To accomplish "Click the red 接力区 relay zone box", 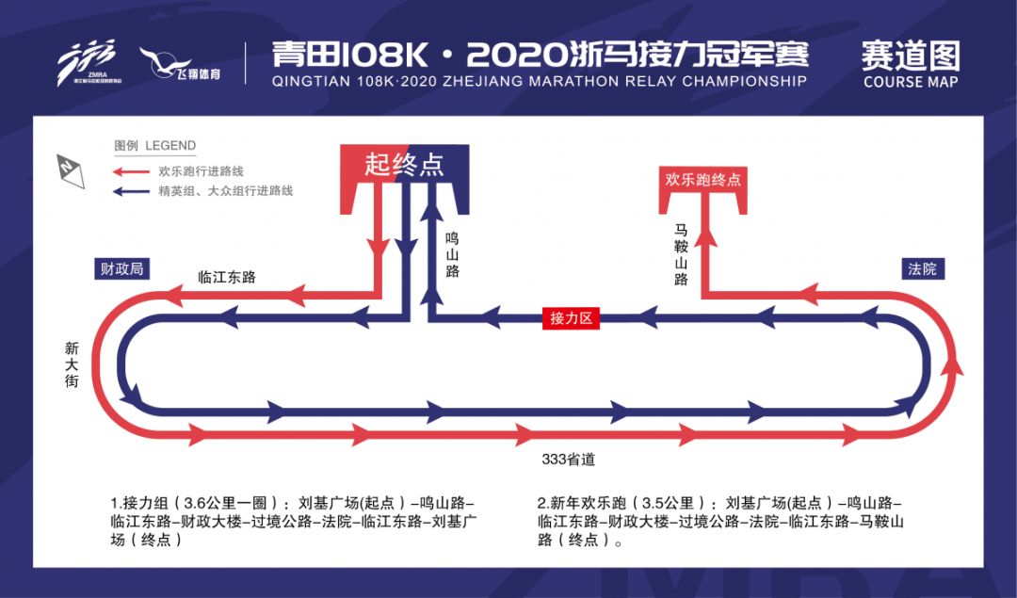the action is click(x=571, y=318).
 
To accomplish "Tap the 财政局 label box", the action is click(x=121, y=268).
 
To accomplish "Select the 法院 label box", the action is click(x=923, y=269).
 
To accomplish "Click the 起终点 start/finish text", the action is click(x=404, y=165).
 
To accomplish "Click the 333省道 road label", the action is click(x=569, y=460).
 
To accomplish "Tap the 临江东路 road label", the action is click(x=227, y=277).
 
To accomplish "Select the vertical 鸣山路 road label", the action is click(x=453, y=255).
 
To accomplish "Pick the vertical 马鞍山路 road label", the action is click(x=681, y=255).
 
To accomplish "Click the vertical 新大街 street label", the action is click(x=72, y=364).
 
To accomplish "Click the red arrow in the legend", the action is click(x=133, y=172).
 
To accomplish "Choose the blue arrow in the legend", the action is click(x=133, y=191).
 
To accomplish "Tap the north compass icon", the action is click(x=71, y=171).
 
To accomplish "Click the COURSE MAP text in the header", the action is click(x=911, y=82).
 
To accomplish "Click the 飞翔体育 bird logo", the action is click(x=180, y=64).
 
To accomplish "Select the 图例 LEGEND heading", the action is click(x=155, y=145).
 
